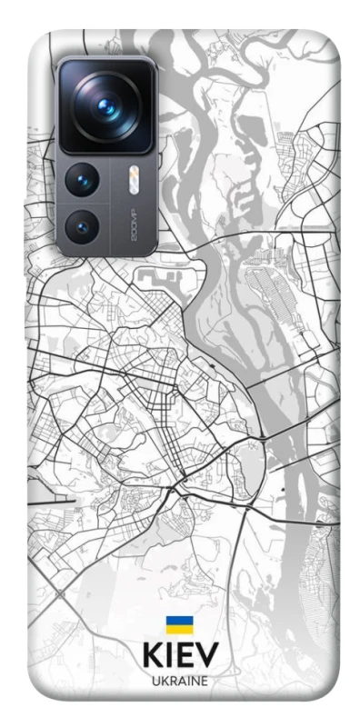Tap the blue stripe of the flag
point(179,621)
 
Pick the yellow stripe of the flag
point(179,630)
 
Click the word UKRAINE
point(179,681)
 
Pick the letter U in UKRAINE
point(155,681)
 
